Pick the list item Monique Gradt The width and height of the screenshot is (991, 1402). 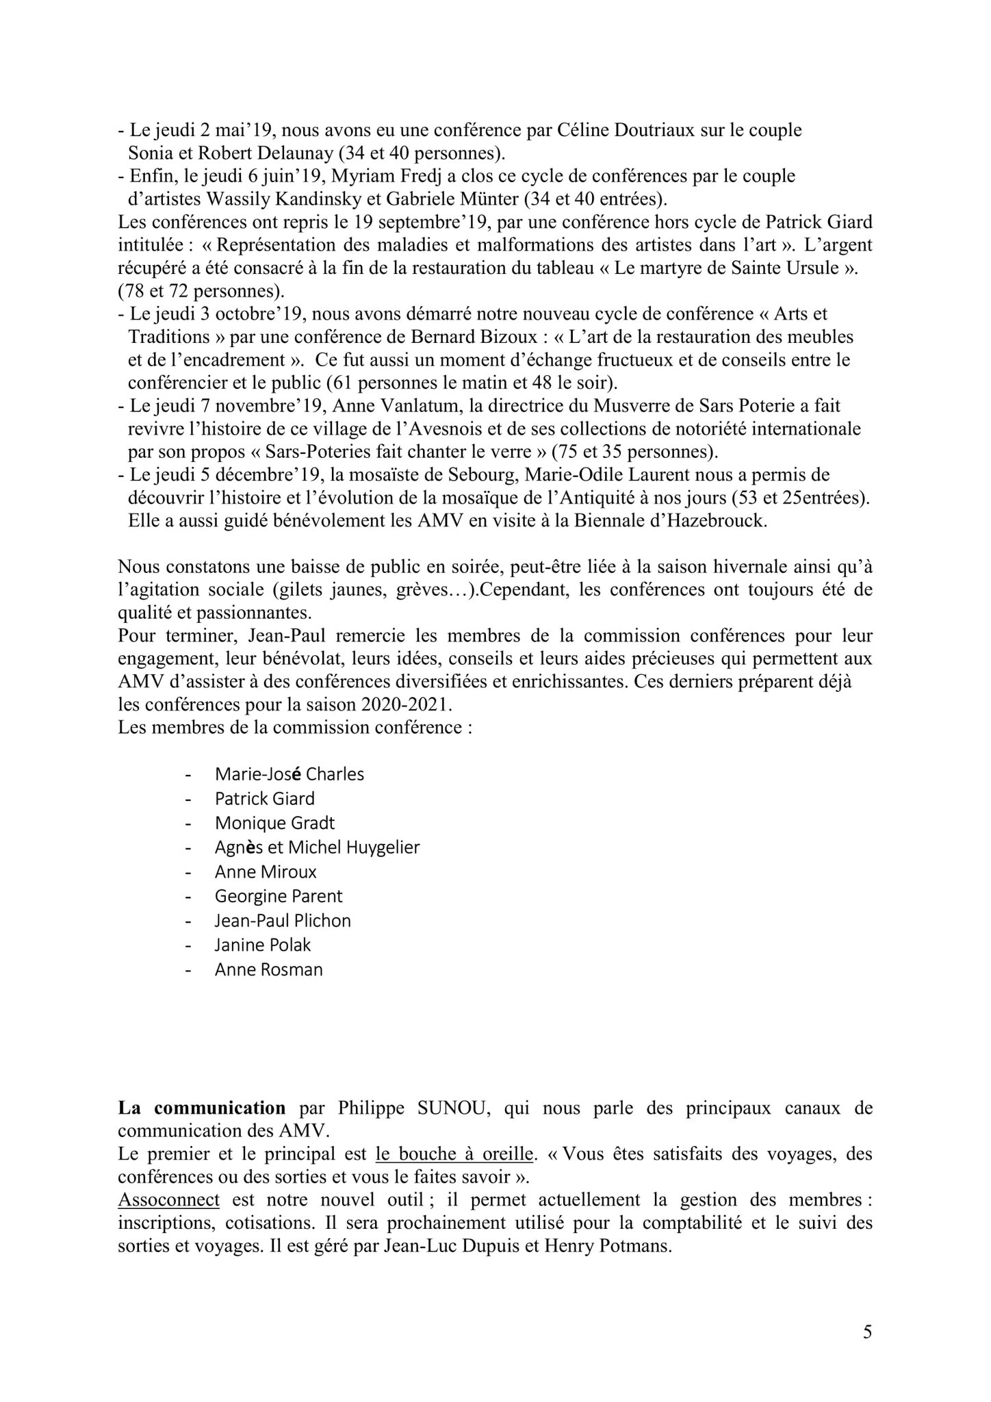[274, 823]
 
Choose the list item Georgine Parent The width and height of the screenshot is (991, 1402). [278, 896]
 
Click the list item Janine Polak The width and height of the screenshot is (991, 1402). [262, 945]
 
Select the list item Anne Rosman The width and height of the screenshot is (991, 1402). [268, 969]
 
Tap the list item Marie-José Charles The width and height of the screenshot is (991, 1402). [289, 774]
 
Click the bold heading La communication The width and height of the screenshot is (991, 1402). [201, 1108]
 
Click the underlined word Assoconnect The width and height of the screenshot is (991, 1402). [168, 1199]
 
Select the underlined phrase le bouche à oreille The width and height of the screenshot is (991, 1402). [454, 1154]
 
